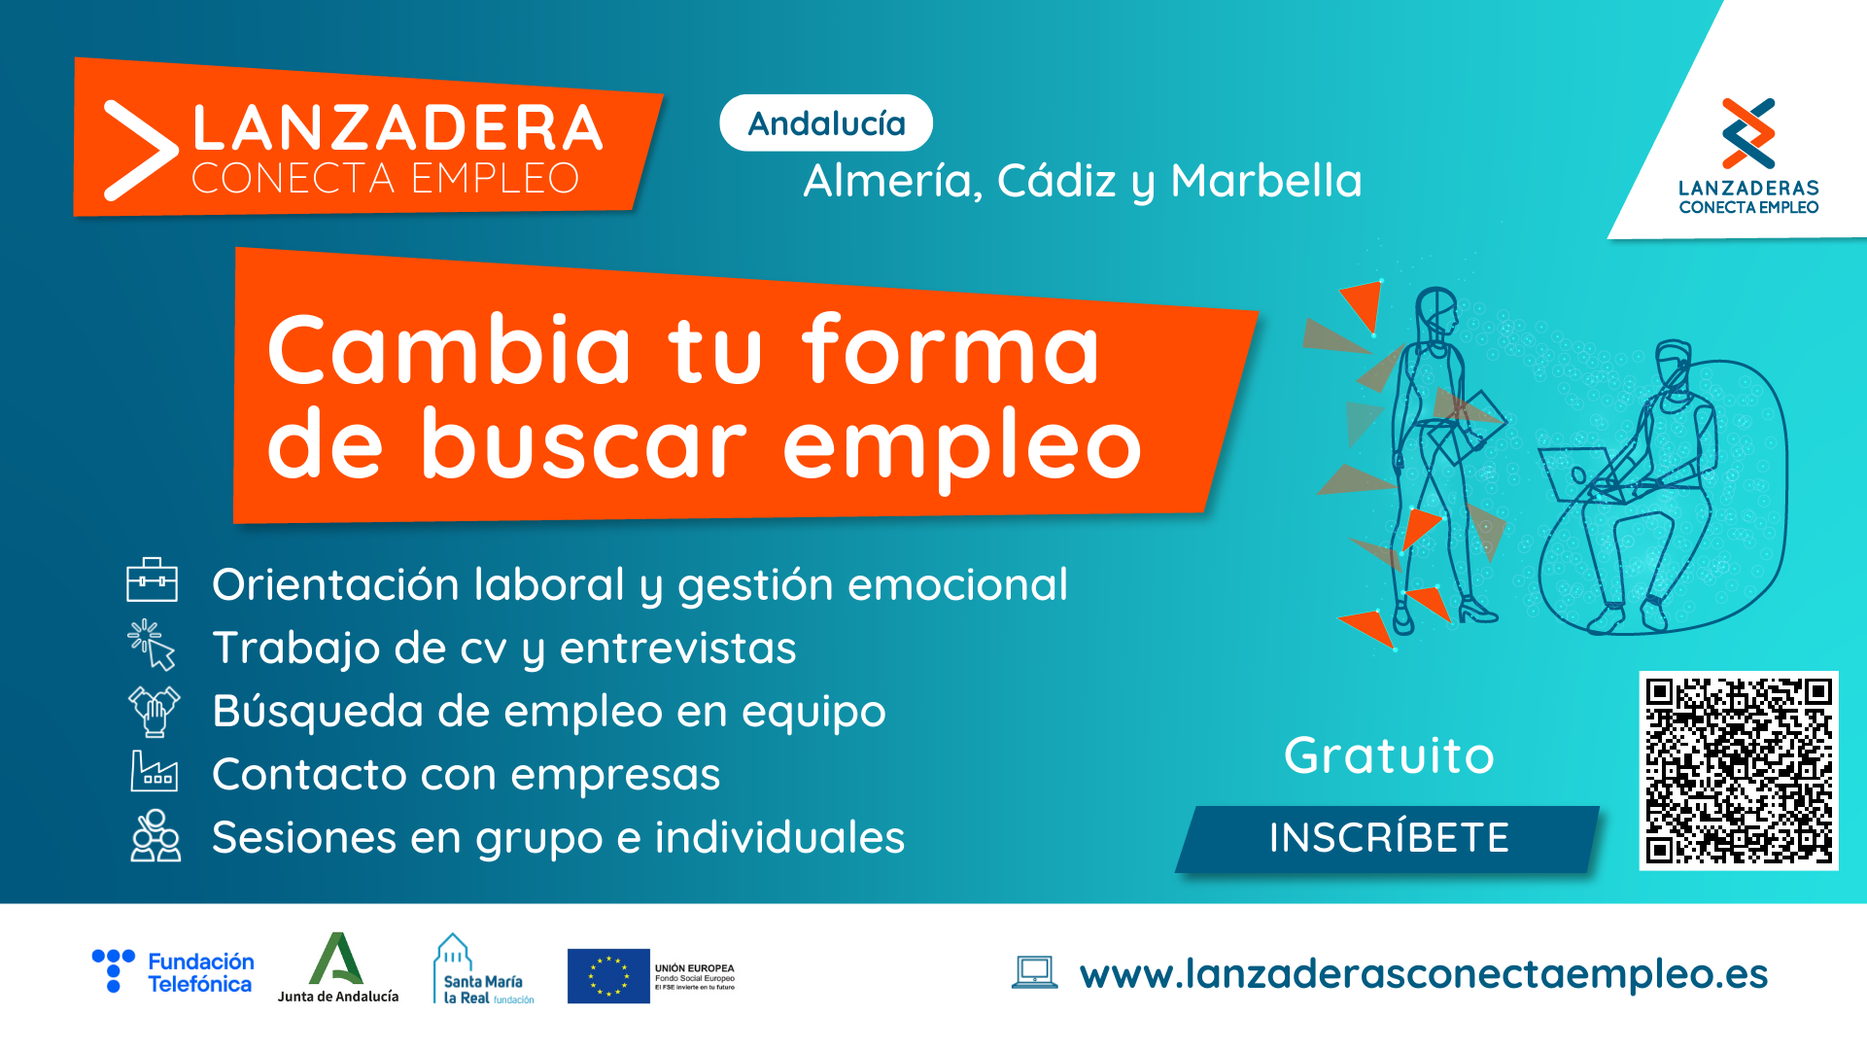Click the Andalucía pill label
tap(826, 123)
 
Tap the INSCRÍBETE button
tap(1388, 838)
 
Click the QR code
tap(1739, 770)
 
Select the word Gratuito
tap(1389, 755)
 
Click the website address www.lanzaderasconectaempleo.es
tap(1424, 974)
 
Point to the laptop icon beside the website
tap(1034, 972)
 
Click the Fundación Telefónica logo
tap(173, 972)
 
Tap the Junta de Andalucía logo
tap(337, 968)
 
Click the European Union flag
tap(608, 976)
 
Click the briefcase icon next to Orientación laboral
tap(153, 580)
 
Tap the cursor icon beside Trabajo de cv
tap(152, 645)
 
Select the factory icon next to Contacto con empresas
tap(155, 772)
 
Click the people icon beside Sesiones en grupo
tap(156, 835)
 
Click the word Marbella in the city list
tap(1266, 181)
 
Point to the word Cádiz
tap(1056, 181)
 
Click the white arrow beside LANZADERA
tap(140, 151)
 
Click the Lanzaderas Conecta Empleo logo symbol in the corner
tap(1748, 133)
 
